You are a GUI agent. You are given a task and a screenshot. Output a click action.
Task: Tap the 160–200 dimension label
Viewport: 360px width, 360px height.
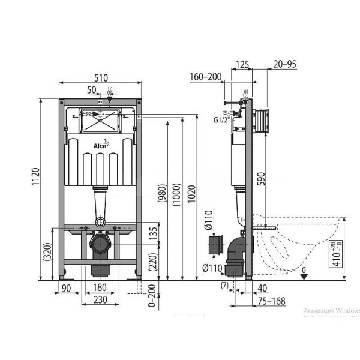[x=205, y=76]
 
